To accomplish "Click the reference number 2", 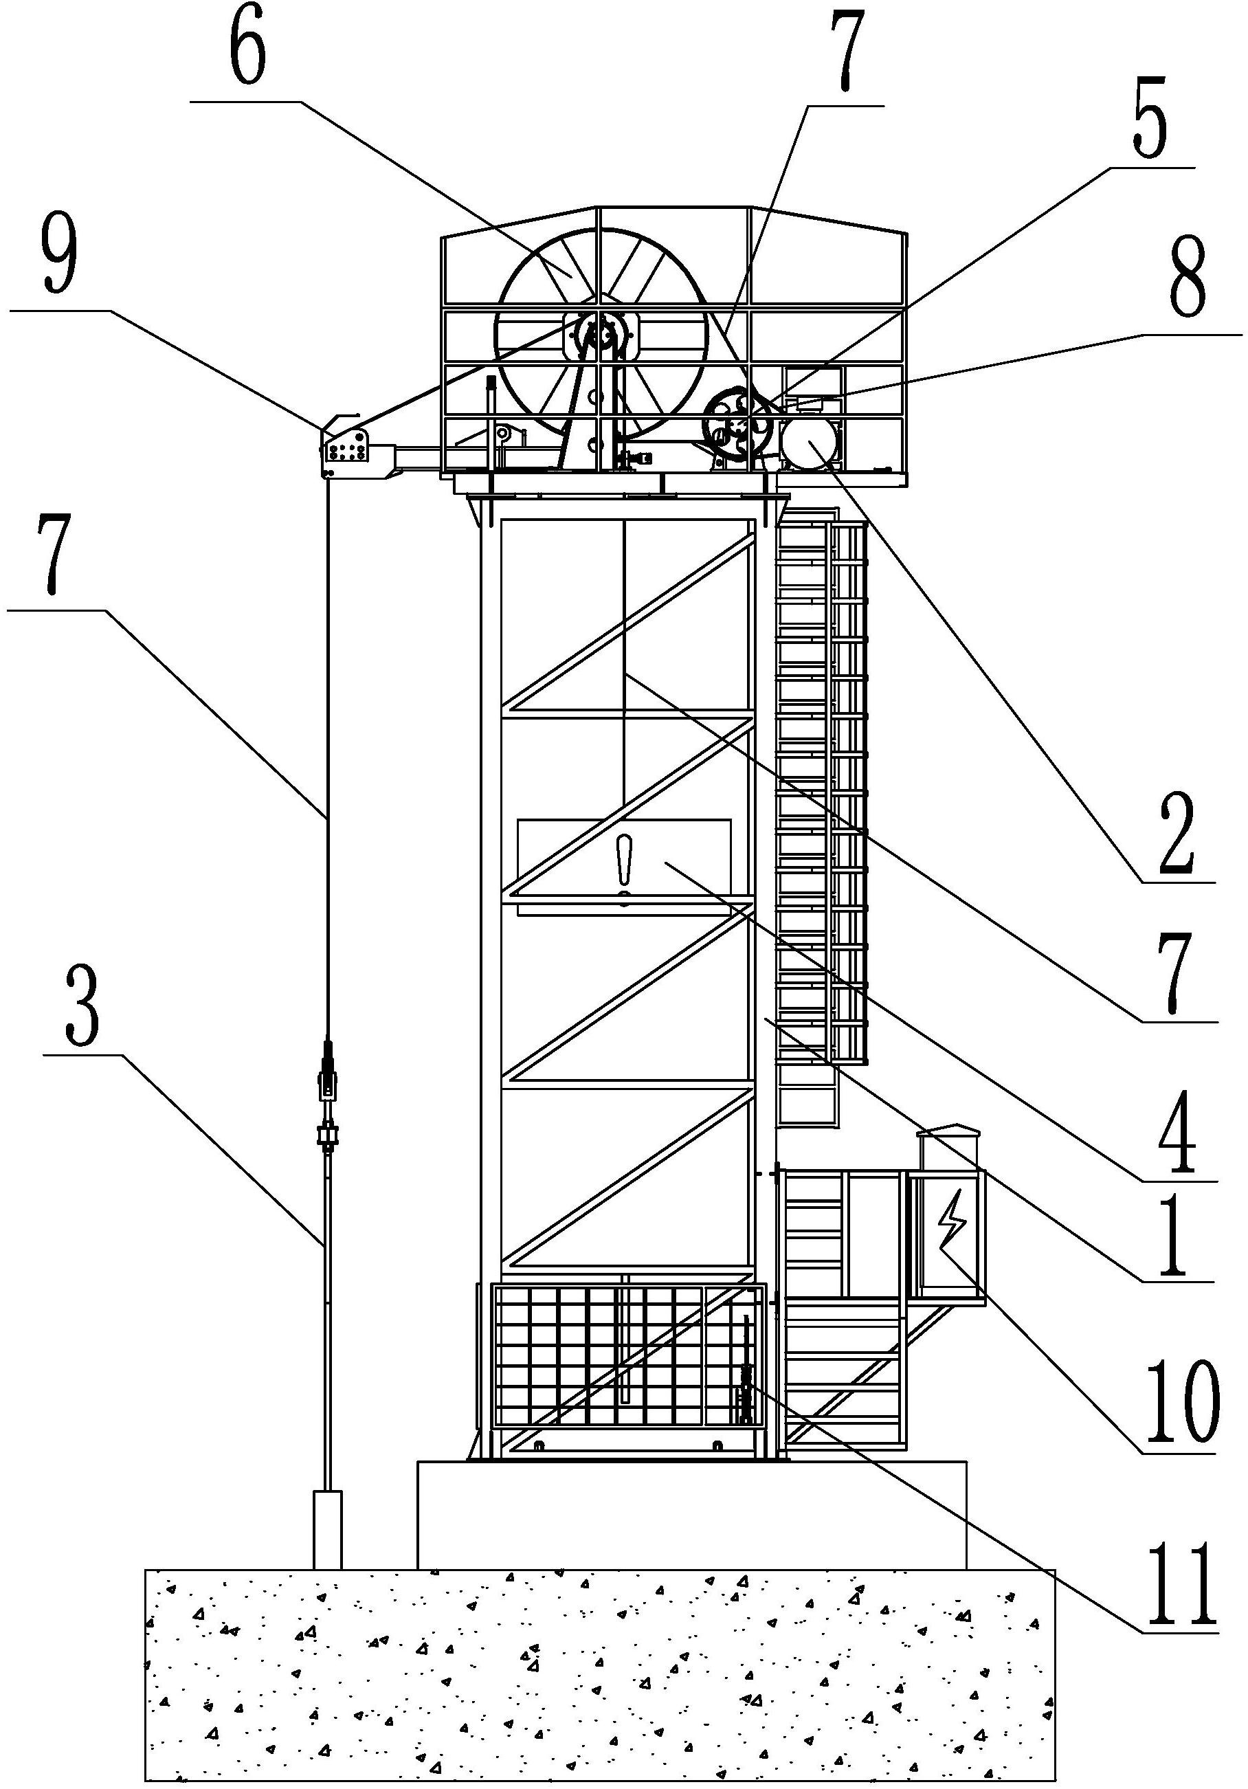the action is click(x=1177, y=836).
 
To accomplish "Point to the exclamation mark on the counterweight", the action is click(x=623, y=870).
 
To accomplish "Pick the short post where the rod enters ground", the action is click(x=327, y=1531).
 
